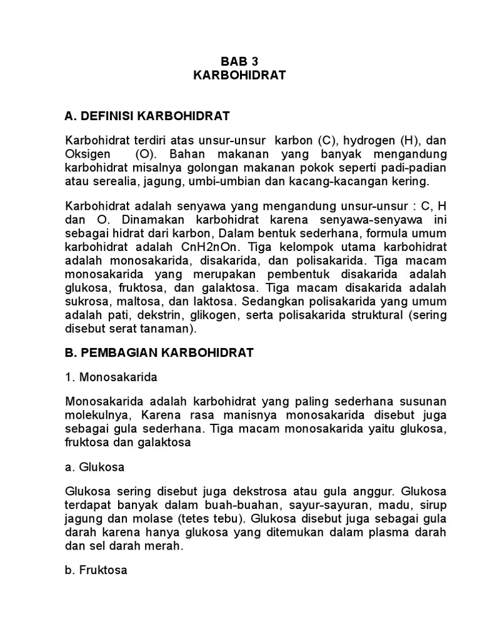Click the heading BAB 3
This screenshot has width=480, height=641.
click(239, 61)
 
